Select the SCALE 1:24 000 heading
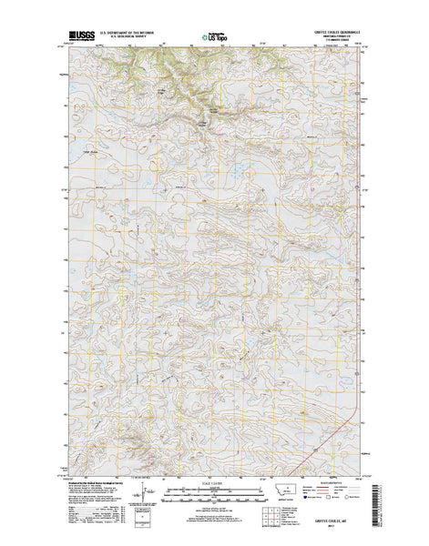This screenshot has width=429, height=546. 213,484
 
